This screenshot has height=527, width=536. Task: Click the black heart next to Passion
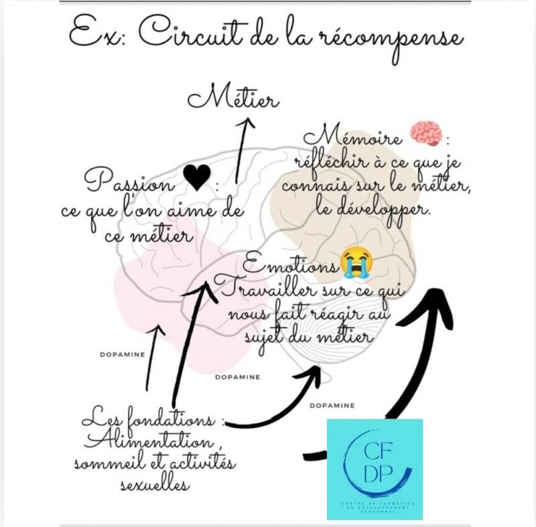196,178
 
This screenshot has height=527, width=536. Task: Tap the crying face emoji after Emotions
356,263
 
